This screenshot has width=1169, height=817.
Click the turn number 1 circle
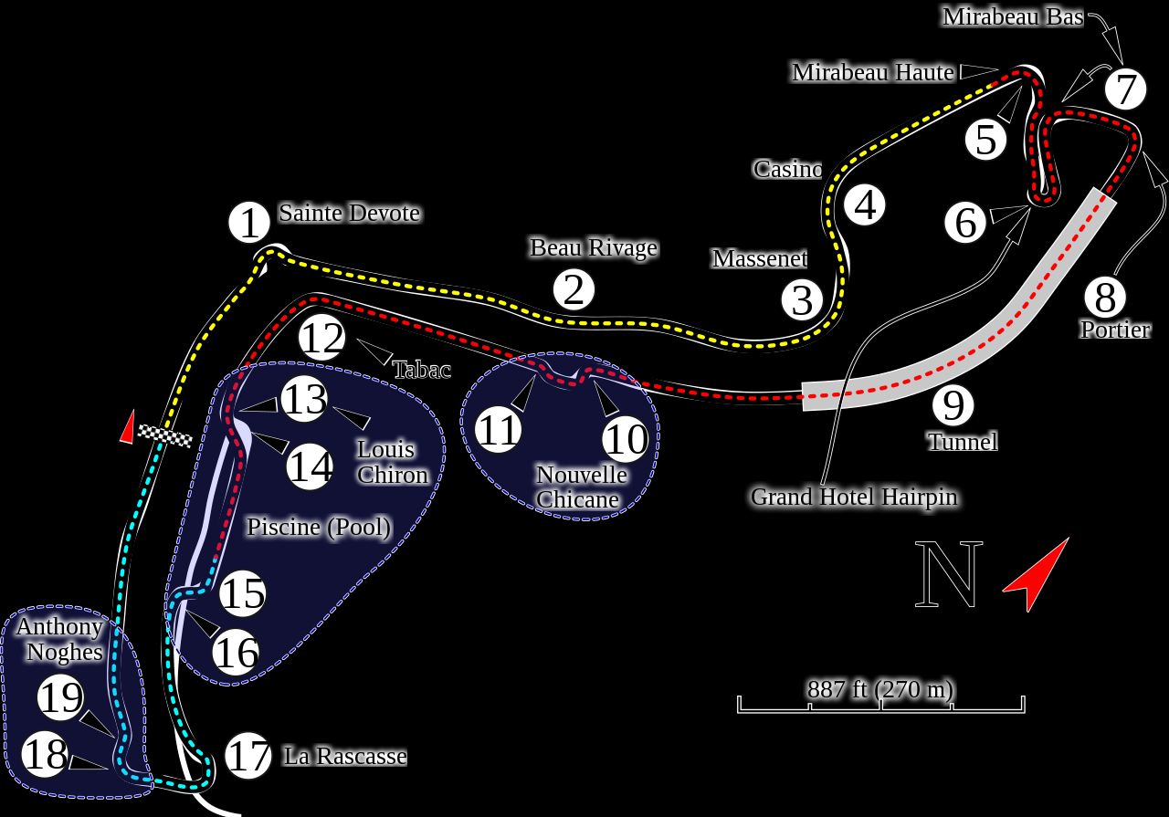point(249,222)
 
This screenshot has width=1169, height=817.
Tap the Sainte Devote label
point(349,213)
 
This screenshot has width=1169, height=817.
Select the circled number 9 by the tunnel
point(953,404)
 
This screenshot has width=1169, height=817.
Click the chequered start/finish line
point(165,436)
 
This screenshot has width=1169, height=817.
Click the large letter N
point(948,574)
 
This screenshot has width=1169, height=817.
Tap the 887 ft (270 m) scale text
point(880,689)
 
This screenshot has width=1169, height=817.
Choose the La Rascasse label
point(345,756)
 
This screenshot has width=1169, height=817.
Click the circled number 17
point(247,756)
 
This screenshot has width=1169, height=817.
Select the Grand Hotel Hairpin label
point(854,497)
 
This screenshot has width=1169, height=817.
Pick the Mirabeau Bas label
point(1013,17)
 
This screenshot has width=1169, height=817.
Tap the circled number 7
point(1125,89)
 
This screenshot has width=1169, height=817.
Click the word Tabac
point(422,370)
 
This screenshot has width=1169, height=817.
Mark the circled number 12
point(321,337)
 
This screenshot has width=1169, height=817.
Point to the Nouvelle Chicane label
point(581,487)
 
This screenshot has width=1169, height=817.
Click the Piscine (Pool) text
point(319,527)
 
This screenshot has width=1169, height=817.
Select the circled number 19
point(60,697)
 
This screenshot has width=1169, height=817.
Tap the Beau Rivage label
point(594,247)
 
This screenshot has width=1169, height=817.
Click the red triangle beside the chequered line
point(128,427)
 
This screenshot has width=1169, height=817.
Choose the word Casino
point(787,169)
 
